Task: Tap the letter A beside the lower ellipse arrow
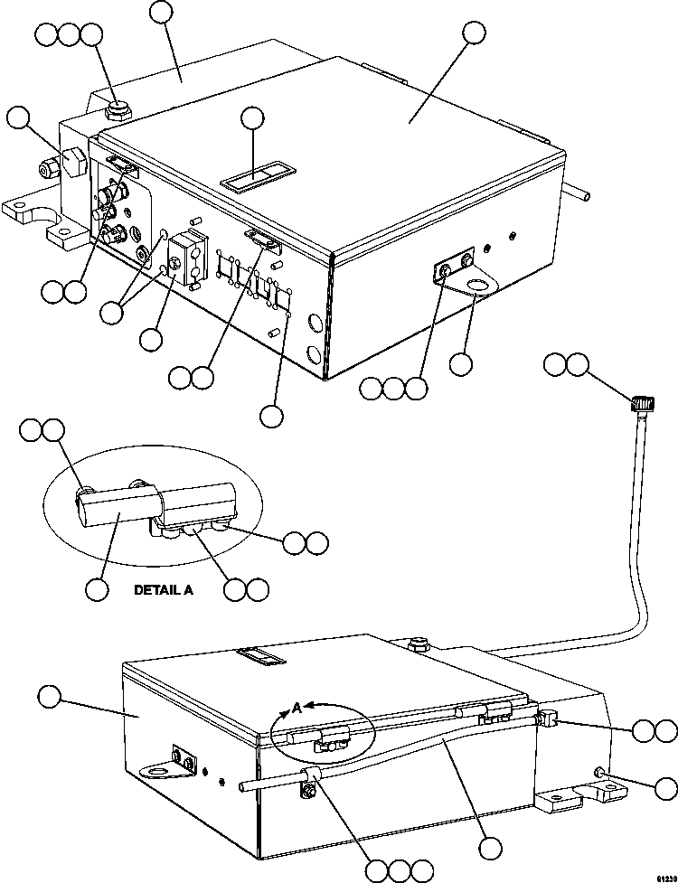[296, 709]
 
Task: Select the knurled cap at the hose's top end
[642, 403]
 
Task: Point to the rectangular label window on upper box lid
[250, 178]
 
